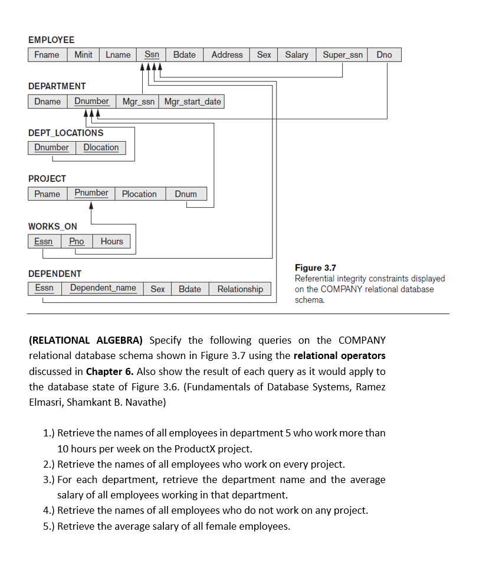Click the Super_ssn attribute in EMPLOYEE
(343, 55)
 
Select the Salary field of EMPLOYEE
(297, 55)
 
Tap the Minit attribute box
(83, 55)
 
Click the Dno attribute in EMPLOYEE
(384, 55)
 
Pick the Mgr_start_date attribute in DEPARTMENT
(192, 102)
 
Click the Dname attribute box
(47, 102)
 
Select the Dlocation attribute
(101, 148)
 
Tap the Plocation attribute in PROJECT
(139, 194)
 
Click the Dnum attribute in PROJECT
(186, 194)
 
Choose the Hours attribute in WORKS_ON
(111, 241)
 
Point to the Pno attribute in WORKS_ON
(77, 241)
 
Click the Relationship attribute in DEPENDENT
(240, 289)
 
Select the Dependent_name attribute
(103, 288)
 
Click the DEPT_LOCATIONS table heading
(65, 133)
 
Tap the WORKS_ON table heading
(52, 226)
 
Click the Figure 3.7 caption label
(315, 268)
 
